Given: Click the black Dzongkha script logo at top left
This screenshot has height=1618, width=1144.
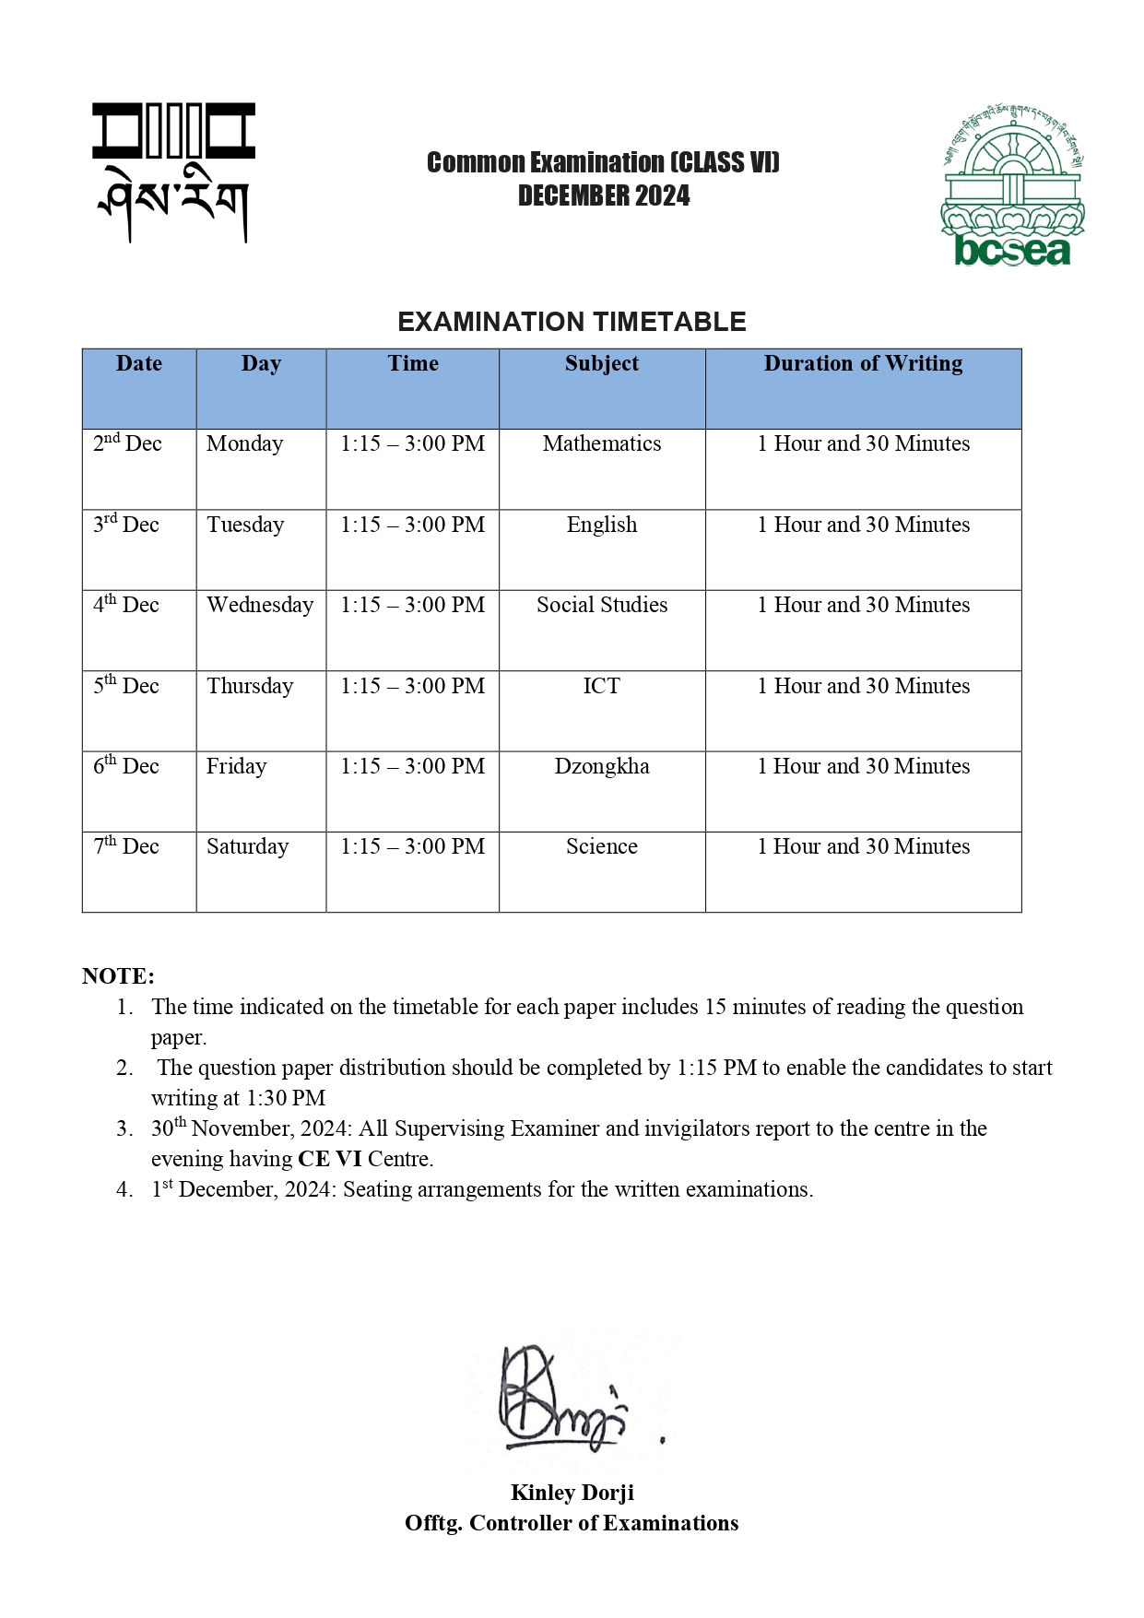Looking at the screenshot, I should click(172, 172).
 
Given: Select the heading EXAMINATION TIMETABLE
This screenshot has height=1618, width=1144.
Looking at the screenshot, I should click(572, 322).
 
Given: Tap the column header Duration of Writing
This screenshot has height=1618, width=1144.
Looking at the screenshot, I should click(863, 363).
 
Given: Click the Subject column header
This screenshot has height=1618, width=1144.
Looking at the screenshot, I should click(601, 363).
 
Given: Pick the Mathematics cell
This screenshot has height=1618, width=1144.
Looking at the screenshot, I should click(601, 443).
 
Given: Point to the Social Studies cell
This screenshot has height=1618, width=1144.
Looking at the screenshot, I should click(601, 605).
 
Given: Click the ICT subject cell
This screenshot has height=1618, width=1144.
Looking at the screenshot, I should click(601, 686).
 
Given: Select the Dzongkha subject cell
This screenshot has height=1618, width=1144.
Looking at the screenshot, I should click(601, 766).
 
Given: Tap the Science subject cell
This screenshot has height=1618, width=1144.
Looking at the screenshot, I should click(601, 846).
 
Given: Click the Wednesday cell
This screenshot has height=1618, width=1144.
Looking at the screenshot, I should click(260, 605).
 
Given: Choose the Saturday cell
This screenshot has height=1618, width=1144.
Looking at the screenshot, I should click(247, 846).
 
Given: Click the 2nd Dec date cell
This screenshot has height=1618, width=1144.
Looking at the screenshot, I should click(127, 443).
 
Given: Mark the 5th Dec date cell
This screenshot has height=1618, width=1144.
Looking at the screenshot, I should click(126, 686).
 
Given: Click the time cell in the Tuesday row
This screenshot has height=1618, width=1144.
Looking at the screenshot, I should click(412, 525).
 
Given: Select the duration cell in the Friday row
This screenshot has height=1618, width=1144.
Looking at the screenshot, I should click(863, 766).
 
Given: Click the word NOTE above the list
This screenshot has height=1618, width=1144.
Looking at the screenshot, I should click(118, 976).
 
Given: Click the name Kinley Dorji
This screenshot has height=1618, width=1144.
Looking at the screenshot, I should click(572, 1493).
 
